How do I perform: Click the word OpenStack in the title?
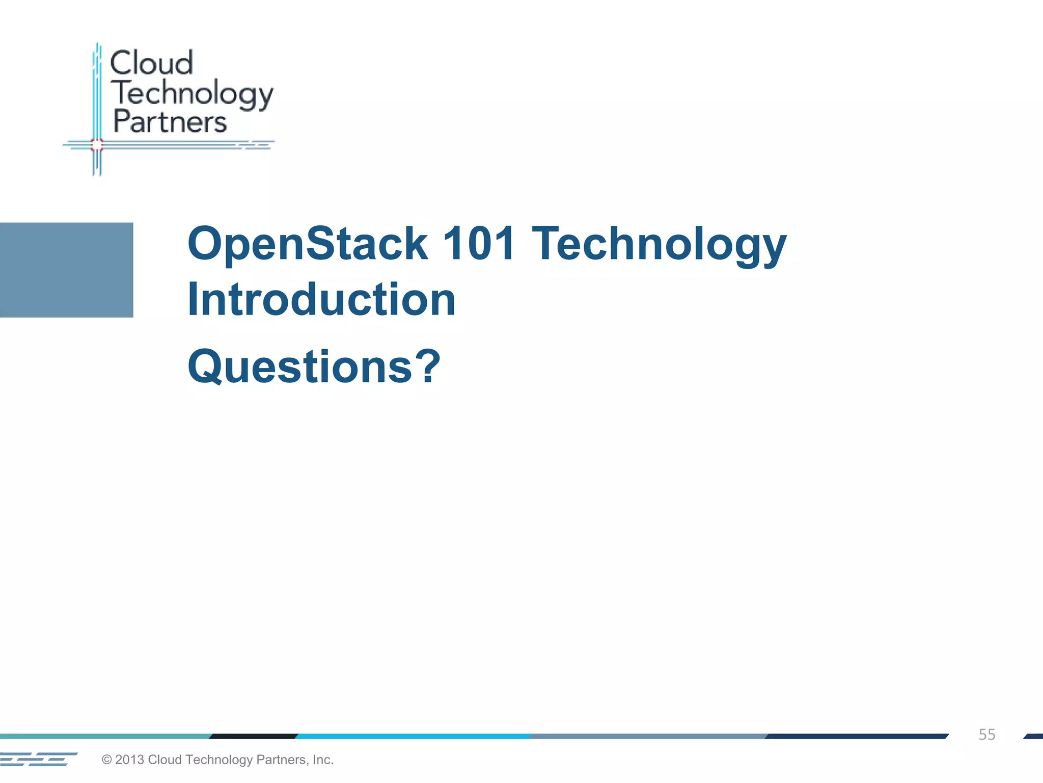308,244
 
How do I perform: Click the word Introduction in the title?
321,300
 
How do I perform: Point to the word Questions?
314,367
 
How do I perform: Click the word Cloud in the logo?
151,63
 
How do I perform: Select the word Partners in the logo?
170,122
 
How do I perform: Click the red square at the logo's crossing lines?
97,145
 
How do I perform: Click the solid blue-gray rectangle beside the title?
66,270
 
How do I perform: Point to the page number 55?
986,735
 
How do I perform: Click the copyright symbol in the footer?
107,760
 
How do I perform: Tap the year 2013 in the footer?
129,760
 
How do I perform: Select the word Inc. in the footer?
323,760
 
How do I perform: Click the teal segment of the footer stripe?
104,736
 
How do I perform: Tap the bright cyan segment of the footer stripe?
413,736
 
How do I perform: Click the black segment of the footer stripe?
254,736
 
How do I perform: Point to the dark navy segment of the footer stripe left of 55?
856,736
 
